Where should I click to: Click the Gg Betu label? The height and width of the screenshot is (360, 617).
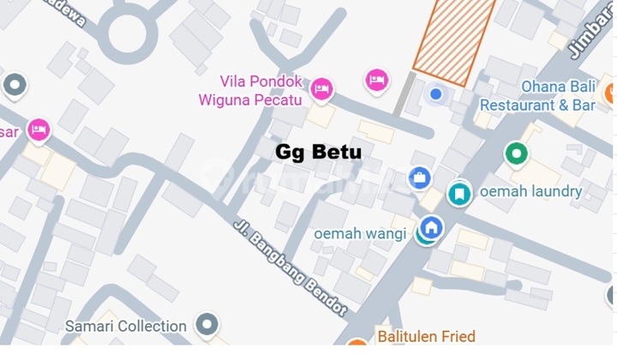[318, 153]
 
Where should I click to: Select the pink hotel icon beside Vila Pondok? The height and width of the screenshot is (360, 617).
[321, 87]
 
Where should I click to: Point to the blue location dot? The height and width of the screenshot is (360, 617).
[435, 93]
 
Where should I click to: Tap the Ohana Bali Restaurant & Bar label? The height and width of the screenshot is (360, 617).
[536, 96]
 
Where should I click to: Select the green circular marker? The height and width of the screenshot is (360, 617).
[516, 154]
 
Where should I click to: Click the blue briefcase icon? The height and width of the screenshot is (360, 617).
[419, 178]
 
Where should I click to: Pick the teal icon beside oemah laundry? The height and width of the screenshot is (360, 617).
[460, 194]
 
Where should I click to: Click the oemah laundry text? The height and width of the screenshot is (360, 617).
[531, 192]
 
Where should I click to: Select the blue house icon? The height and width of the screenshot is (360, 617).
[431, 228]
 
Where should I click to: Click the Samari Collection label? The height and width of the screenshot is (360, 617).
[126, 326]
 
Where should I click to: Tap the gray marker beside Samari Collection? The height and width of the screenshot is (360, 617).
[206, 325]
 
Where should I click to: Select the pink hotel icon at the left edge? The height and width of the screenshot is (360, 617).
[38, 130]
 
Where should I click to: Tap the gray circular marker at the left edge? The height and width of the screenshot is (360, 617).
[14, 85]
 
